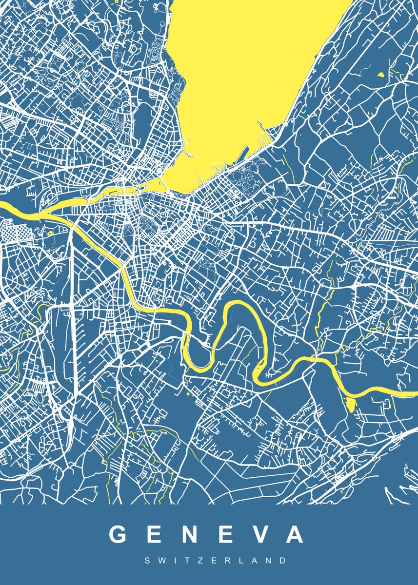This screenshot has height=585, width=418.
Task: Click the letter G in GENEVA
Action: [x=119, y=534]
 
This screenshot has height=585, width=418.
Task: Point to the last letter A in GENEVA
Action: [x=294, y=534]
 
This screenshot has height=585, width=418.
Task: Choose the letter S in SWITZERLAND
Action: [x=147, y=561]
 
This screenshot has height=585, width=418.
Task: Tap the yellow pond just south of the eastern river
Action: [x=350, y=403]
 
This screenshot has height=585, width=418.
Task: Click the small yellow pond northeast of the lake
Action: [x=380, y=75]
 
